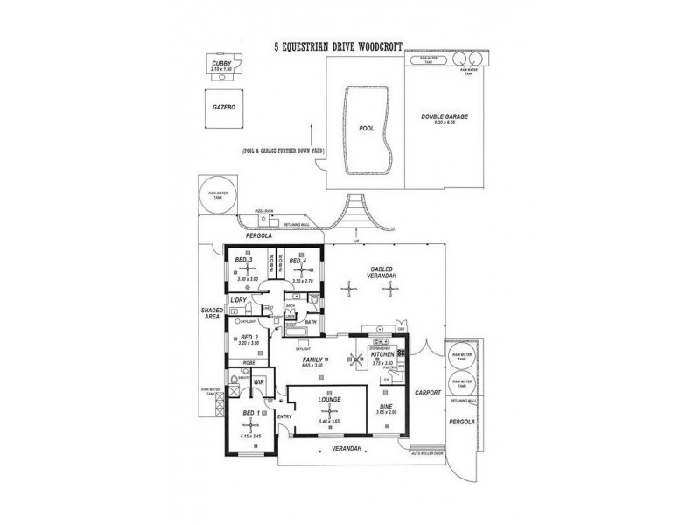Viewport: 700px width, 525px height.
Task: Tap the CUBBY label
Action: pos(219,64)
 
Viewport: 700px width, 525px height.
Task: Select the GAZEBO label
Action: pos(224,107)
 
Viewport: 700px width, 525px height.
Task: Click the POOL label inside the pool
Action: pos(367,129)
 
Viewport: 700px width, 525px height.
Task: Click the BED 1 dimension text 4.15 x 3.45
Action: pos(250,436)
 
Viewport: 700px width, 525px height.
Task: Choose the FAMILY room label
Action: pos(311,360)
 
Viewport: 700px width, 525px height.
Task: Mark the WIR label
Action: pos(258,382)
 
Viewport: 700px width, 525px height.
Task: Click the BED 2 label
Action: pos(248,337)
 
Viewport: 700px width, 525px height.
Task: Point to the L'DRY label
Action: pos(237,301)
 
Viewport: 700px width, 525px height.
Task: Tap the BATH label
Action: pos(311,322)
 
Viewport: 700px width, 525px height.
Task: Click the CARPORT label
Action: pos(426,393)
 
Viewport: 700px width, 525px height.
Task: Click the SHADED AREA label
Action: pos(210,312)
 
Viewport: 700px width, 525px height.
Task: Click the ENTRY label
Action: pos(284,417)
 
